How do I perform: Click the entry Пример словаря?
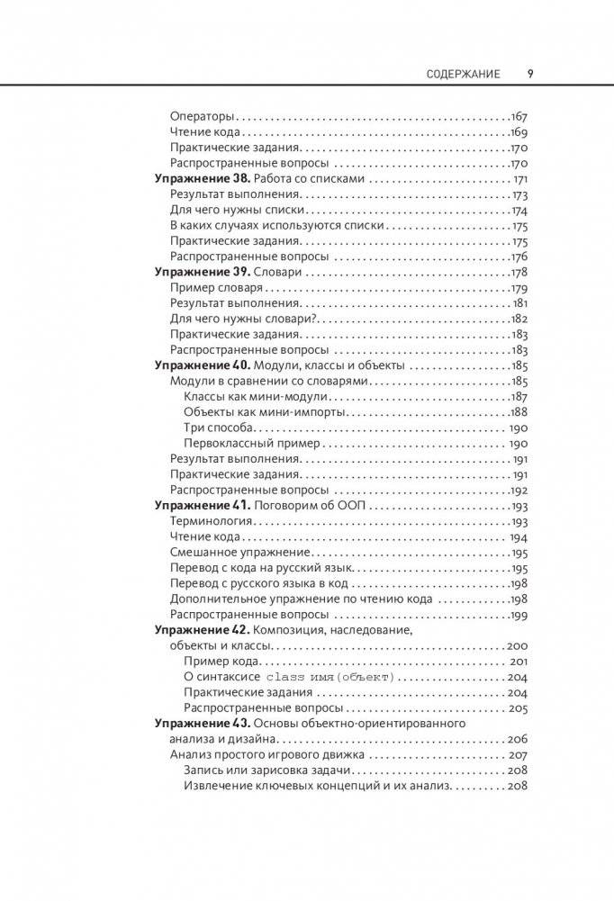[x=216, y=288]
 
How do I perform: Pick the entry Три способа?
[x=219, y=428]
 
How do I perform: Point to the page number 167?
[x=518, y=116]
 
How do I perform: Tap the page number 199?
[x=518, y=615]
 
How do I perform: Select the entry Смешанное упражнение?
[x=239, y=553]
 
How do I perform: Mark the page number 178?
[x=518, y=272]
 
